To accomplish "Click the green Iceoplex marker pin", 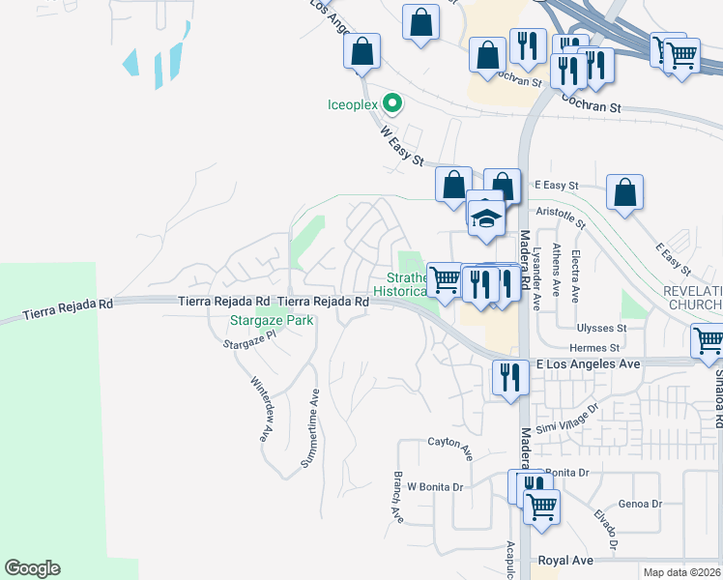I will pos(391,101).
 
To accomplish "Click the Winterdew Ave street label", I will pos(259,410).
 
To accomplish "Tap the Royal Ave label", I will pos(564,560).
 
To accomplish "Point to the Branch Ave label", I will pos(397,497).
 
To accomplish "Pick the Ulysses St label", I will pos(602,328).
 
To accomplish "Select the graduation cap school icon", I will pos(486,217).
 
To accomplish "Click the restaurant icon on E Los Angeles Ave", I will pos(509,376).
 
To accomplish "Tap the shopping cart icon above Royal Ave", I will pos(541,506).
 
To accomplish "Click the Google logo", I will pos(32,568).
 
